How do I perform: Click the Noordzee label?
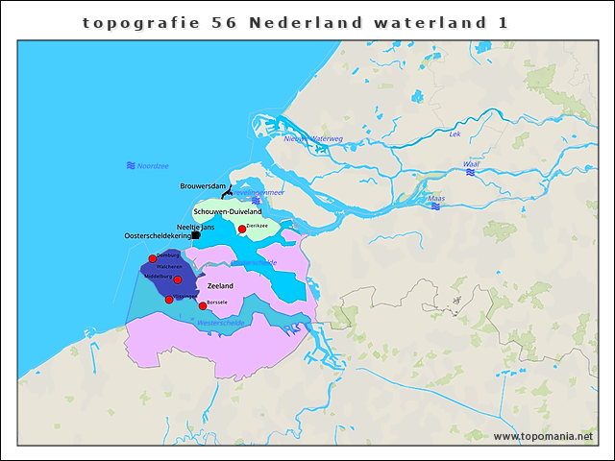pyautogui.click(x=153, y=166)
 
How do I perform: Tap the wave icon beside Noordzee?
pyautogui.click(x=131, y=166)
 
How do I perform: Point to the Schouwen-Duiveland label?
pyautogui.click(x=228, y=210)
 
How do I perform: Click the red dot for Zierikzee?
pyautogui.click(x=242, y=229)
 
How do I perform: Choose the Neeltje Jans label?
pyautogui.click(x=195, y=227)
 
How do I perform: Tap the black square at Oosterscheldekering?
pyautogui.click(x=196, y=234)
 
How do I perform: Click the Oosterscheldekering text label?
pyautogui.click(x=158, y=236)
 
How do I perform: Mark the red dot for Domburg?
pyautogui.click(x=153, y=258)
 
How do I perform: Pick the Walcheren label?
pyautogui.click(x=170, y=266)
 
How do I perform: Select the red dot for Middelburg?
pyautogui.click(x=178, y=279)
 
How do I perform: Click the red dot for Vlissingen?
pyautogui.click(x=169, y=300)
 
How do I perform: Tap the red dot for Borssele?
pyautogui.click(x=203, y=305)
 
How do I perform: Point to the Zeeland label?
pyautogui.click(x=221, y=286)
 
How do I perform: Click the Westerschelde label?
pyautogui.click(x=221, y=323)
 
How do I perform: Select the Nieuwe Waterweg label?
pyautogui.click(x=313, y=138)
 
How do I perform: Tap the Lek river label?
pyautogui.click(x=455, y=134)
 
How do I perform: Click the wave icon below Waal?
pyautogui.click(x=472, y=174)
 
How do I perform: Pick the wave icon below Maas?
pyautogui.click(x=436, y=207)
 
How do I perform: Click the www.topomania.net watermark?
pyautogui.click(x=543, y=436)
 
